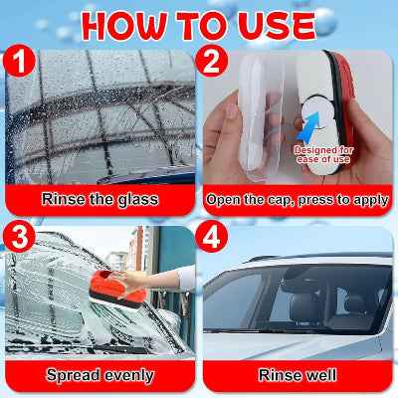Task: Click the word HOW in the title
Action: (124, 26)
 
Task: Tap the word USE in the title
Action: (270, 26)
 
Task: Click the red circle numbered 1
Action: (19, 61)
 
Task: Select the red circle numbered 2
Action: (211, 61)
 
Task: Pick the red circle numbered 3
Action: (19, 236)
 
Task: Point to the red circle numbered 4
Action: (211, 236)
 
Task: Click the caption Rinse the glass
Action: (99, 200)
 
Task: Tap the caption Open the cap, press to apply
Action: (298, 200)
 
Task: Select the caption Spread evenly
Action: (99, 375)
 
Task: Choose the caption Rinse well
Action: (298, 375)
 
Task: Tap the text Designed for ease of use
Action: (323, 154)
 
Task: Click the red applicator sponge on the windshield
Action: (118, 290)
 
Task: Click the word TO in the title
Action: (198, 26)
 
